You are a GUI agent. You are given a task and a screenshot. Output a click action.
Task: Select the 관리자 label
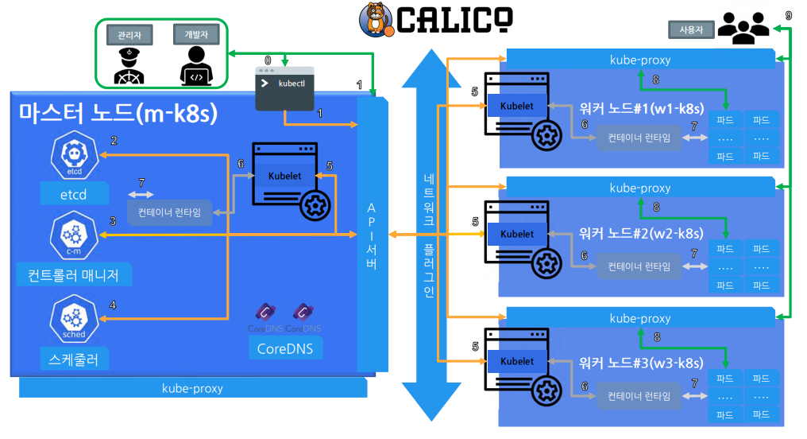click(x=129, y=34)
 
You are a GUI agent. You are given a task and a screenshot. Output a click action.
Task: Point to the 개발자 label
click(x=195, y=34)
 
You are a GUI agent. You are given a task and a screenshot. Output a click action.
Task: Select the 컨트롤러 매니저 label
click(x=73, y=275)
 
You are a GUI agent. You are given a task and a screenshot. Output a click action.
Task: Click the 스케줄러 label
click(x=74, y=359)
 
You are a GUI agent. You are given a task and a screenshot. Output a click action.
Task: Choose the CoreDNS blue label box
click(x=284, y=348)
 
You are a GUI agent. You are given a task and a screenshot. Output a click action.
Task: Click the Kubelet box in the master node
click(x=284, y=176)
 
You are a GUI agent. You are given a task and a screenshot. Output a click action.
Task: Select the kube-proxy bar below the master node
click(x=192, y=388)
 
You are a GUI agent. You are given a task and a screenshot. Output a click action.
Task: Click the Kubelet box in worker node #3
click(x=517, y=361)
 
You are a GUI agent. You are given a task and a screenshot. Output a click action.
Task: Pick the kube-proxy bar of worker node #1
click(x=639, y=59)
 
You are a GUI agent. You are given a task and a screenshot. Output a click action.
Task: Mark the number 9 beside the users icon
click(x=787, y=15)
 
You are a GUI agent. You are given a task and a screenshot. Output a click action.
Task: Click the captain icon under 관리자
click(x=129, y=65)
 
